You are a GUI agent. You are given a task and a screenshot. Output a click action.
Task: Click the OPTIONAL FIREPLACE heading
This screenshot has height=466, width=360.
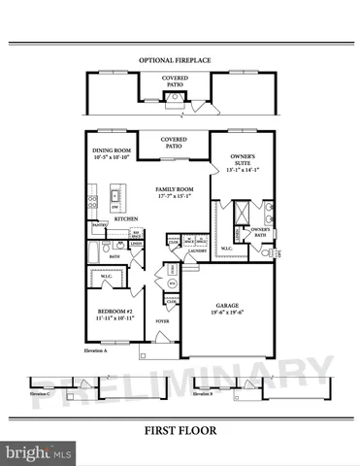tap(175, 60)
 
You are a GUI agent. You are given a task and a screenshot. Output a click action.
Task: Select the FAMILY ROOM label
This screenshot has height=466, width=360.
tap(174, 189)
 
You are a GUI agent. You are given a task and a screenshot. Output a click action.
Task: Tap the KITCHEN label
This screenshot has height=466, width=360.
tap(126, 219)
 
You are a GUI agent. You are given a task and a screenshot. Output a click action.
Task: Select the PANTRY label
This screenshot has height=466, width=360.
tap(99, 225)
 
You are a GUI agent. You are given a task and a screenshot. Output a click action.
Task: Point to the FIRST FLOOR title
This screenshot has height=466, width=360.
tap(180, 430)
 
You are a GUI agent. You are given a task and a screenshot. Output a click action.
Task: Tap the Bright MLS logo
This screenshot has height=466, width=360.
tap(40, 452)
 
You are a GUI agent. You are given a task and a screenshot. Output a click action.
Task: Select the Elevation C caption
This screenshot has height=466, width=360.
tap(40, 394)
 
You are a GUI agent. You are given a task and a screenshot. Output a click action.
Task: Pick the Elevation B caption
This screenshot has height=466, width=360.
tap(202, 394)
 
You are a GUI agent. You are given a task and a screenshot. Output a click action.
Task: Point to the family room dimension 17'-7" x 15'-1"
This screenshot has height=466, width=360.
tap(174, 197)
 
